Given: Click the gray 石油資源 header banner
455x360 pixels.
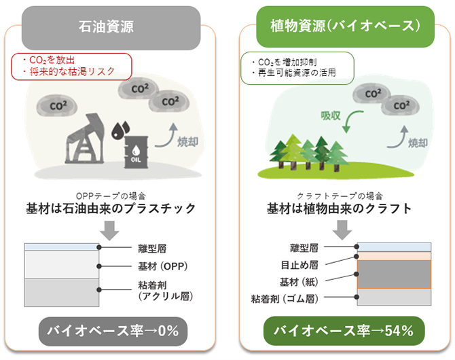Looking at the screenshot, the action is click(111, 28).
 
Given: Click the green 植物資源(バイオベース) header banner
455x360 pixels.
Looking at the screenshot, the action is click(345, 26).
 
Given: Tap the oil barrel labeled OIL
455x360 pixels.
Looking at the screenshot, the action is click(136, 152).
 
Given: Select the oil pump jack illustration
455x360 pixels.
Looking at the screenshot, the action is click(84, 139).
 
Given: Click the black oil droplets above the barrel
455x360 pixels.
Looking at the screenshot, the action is click(120, 130).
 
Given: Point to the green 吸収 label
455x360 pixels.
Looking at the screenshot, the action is click(331, 115).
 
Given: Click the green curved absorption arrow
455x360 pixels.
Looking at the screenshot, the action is click(350, 120).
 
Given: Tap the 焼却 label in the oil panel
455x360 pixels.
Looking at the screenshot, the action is click(187, 142).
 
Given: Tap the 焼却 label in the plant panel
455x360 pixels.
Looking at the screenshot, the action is click(418, 143).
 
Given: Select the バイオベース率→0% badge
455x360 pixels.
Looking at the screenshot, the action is click(113, 331).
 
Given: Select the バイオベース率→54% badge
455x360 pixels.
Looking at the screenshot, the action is click(344, 331).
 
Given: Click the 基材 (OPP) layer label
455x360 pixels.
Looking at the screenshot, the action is click(162, 266).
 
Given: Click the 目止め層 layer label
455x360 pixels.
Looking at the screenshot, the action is click(299, 265).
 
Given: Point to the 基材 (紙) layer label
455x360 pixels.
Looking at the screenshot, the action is click(299, 282).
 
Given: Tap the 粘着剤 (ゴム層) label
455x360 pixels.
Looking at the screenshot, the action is click(285, 298).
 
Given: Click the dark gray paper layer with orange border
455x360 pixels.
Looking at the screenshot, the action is click(394, 274).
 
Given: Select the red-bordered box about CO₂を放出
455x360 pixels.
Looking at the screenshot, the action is click(72, 67).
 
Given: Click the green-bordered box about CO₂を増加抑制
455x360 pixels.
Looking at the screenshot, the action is click(297, 68).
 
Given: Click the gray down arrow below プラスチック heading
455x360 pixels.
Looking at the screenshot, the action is click(109, 230).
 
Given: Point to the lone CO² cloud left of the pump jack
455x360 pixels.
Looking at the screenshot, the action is click(57, 106).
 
